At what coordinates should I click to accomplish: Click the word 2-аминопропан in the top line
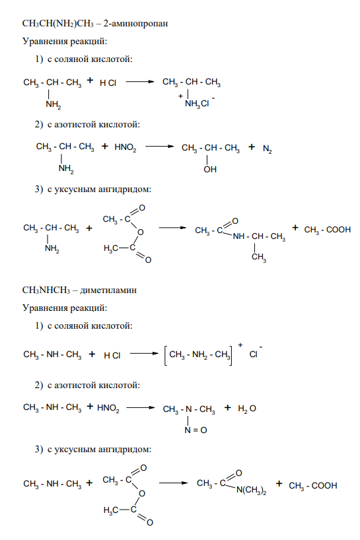tap(135, 24)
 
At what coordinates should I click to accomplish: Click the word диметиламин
tap(108, 290)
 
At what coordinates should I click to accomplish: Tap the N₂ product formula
tap(268, 149)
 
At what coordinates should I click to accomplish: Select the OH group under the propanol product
tap(210, 170)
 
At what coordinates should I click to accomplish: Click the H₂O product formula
tap(247, 409)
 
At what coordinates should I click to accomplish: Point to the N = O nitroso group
tap(196, 430)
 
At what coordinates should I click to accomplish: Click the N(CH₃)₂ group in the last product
tap(251, 490)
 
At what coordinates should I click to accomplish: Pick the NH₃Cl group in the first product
tap(197, 104)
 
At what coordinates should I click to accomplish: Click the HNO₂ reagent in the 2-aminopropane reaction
tap(126, 148)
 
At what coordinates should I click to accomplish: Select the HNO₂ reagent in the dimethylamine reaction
tap(108, 409)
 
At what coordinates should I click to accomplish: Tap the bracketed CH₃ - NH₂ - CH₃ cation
tap(198, 355)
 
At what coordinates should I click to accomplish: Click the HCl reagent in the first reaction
tap(108, 83)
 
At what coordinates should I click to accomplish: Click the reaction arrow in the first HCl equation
tap(140, 82)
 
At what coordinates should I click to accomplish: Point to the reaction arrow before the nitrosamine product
tap(141, 408)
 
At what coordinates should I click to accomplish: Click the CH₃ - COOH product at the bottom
tap(313, 486)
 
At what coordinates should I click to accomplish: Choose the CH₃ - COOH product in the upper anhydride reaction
tap(327, 230)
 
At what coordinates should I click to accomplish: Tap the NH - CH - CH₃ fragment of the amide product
tap(259, 236)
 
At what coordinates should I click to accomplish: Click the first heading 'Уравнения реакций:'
tap(65, 42)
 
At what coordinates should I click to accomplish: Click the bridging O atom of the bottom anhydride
tap(142, 494)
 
